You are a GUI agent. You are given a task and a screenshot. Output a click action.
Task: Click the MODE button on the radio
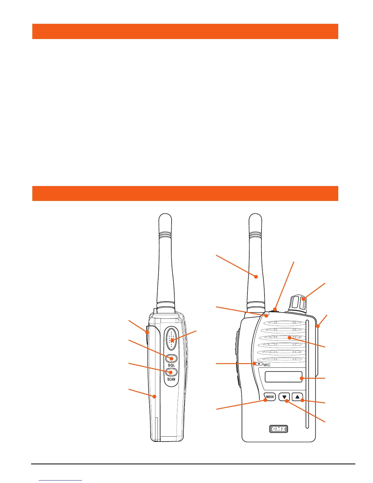click(x=270, y=397)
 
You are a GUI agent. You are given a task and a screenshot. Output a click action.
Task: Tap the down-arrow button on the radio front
click(x=284, y=397)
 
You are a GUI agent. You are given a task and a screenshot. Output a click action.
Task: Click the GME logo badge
click(x=279, y=429)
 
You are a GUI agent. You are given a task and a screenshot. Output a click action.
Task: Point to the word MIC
click(x=267, y=365)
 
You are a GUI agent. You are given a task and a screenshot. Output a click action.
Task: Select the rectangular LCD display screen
click(x=284, y=377)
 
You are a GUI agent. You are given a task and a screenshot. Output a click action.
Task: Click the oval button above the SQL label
click(x=171, y=358)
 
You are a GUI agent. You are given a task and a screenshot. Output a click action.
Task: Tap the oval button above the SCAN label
click(x=171, y=372)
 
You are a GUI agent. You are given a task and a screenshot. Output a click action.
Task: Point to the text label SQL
click(x=171, y=365)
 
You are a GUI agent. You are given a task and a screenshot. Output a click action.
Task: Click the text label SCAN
click(x=171, y=379)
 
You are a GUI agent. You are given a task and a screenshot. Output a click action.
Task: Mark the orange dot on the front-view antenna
click(x=256, y=277)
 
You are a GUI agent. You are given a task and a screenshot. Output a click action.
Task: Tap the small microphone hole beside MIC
click(x=259, y=364)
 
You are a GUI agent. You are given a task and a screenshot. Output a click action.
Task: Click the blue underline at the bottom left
click(x=61, y=481)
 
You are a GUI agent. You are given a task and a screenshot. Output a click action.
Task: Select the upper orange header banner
click(x=185, y=31)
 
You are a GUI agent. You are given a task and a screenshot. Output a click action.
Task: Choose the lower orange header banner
click(x=185, y=193)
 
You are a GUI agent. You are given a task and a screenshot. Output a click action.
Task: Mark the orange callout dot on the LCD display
click(x=301, y=378)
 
